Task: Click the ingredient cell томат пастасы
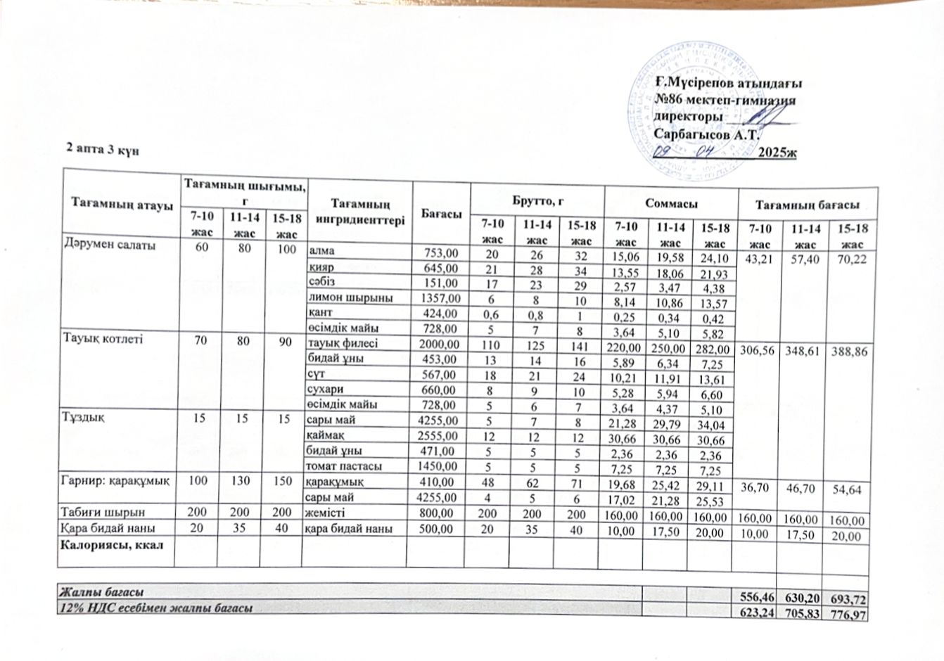pos(343,467)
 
